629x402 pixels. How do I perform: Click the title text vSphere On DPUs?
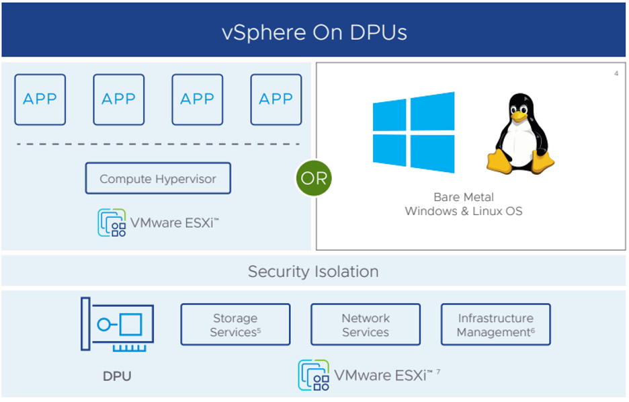click(314, 32)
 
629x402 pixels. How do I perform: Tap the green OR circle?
click(314, 179)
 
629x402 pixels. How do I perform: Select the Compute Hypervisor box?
click(158, 178)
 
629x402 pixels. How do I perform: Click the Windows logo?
click(413, 132)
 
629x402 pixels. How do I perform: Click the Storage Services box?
click(235, 325)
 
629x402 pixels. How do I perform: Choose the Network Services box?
click(366, 325)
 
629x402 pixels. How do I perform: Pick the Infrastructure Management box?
click(495, 325)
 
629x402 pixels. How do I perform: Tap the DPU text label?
click(117, 376)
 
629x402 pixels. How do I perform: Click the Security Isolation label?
click(313, 272)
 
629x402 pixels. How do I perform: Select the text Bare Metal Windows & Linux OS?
click(464, 204)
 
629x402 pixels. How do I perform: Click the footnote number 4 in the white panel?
click(616, 73)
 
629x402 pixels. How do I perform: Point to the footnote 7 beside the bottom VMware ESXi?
click(438, 371)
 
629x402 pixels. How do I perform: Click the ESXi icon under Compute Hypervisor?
click(112, 223)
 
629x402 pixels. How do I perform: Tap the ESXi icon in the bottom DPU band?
click(313, 375)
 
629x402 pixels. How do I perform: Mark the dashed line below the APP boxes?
click(158, 144)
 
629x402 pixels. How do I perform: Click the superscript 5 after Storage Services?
click(259, 329)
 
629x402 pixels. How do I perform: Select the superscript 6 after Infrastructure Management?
click(533, 329)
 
